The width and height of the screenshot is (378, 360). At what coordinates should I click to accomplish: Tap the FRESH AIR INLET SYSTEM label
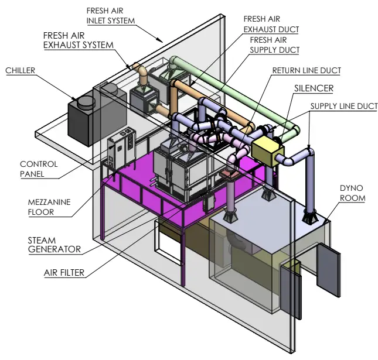click(x=111, y=16)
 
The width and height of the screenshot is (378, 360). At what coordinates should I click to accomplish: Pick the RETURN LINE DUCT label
click(x=306, y=71)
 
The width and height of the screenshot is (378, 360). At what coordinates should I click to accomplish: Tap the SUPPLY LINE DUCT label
click(x=343, y=107)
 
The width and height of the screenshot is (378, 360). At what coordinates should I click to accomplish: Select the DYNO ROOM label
click(x=352, y=193)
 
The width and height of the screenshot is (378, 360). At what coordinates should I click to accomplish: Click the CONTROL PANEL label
click(x=39, y=169)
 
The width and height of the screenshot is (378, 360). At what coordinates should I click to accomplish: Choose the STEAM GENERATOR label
click(x=54, y=244)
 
